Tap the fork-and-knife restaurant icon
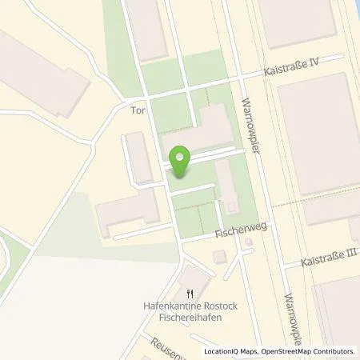point(190,294)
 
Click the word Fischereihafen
point(190,317)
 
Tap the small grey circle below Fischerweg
point(248,242)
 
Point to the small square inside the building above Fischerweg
point(231,206)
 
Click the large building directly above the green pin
point(200,128)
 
